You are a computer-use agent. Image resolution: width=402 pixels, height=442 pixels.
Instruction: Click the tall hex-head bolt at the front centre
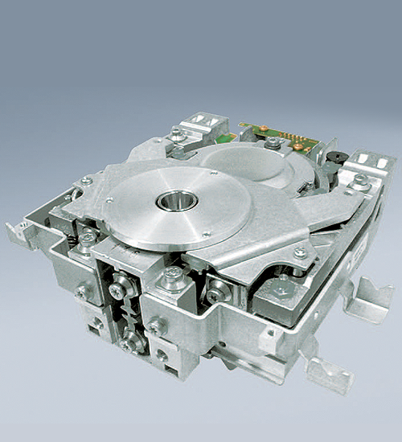point(172,277)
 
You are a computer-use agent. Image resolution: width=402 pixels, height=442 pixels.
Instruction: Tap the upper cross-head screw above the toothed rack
point(119,283)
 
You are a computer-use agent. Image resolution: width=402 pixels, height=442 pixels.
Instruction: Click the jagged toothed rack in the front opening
point(121,313)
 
